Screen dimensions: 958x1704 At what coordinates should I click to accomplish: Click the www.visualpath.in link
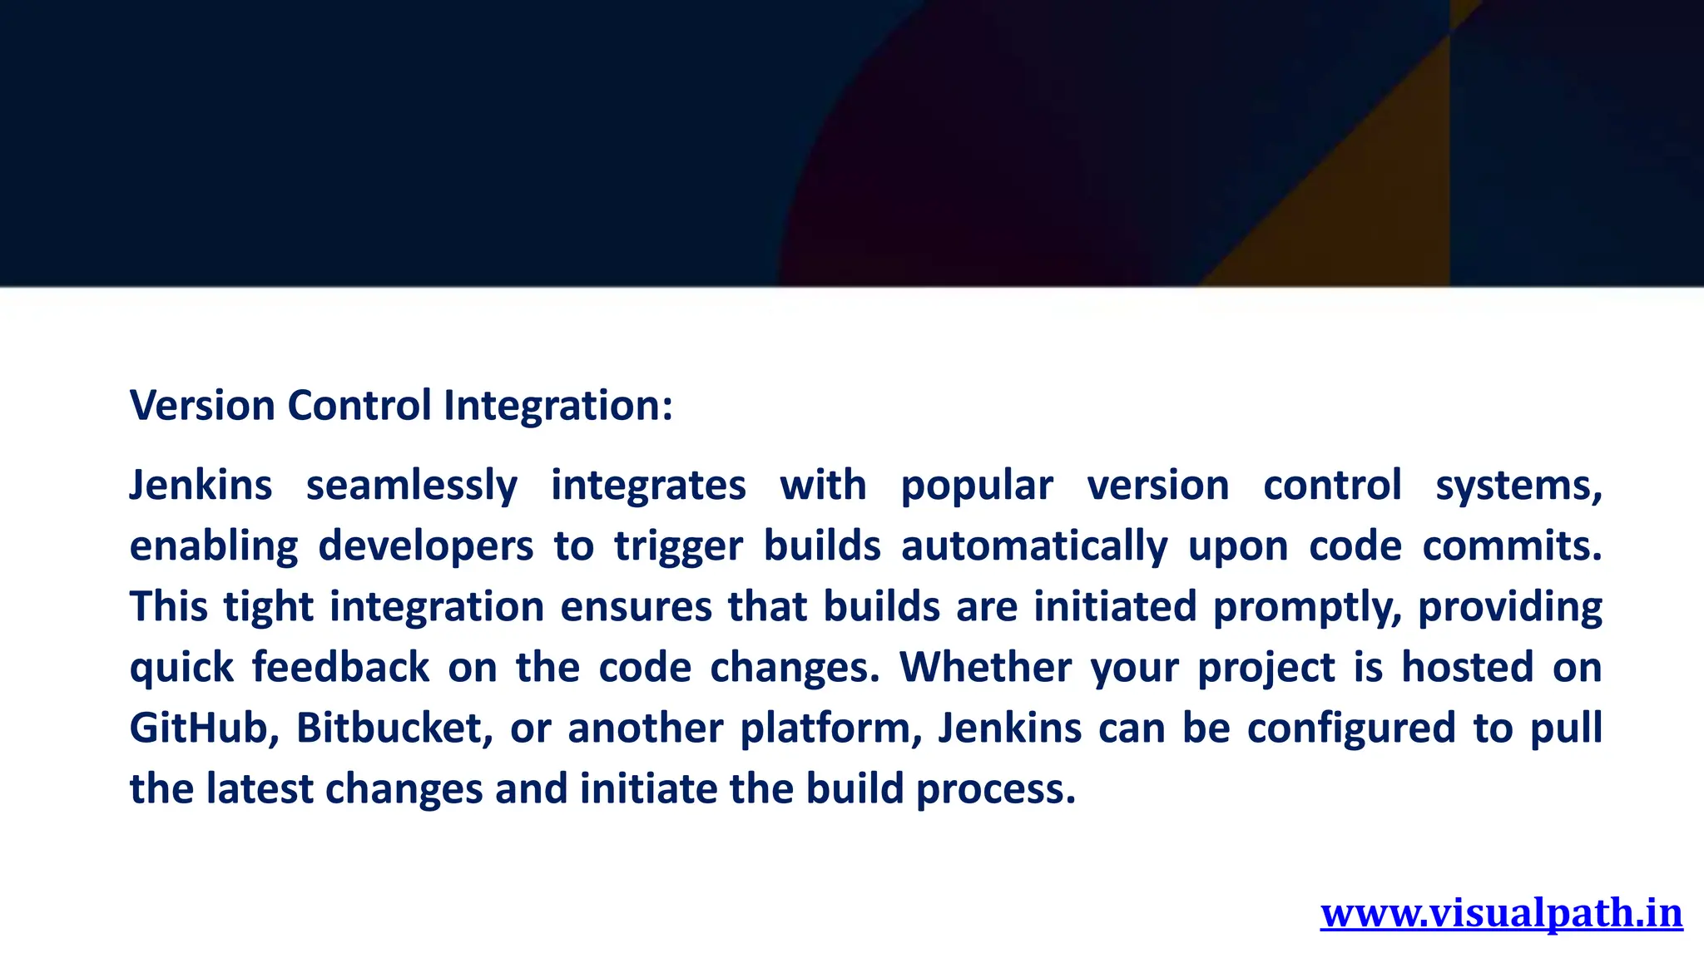[x=1501, y=913]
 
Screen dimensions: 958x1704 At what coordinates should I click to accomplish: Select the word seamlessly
[x=411, y=486]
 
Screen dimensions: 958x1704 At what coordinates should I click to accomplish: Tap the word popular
[x=976, y=486]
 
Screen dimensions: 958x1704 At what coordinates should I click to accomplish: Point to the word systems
[x=1518, y=486]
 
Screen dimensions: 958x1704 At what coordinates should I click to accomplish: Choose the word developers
[x=425, y=546]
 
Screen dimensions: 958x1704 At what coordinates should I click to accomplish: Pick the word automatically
[x=1033, y=546]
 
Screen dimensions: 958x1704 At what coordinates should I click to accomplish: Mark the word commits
[x=1511, y=546]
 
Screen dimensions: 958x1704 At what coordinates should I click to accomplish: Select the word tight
[x=268, y=607]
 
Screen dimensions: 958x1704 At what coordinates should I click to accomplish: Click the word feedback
[x=340, y=668]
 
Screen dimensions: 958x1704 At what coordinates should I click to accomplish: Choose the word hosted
[x=1467, y=668]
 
